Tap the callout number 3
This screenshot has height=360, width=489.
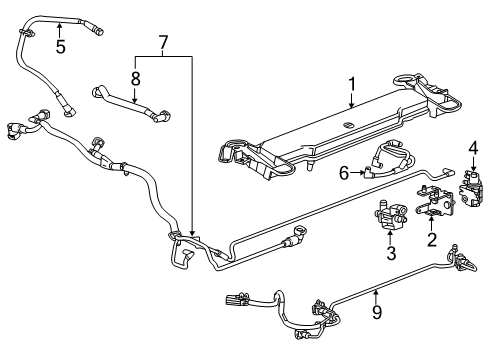coord(391,253)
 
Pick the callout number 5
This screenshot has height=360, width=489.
coord(59,46)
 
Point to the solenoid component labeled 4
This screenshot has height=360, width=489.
coord(471,190)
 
